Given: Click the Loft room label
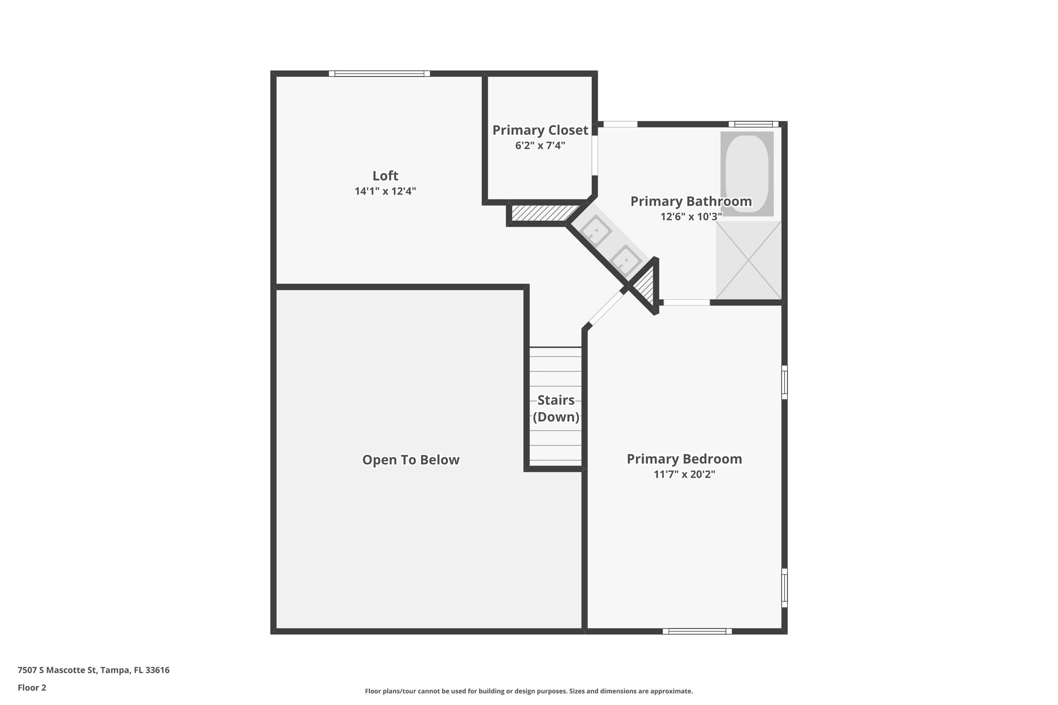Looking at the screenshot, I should point(385,176).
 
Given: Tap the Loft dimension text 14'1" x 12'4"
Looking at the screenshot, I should point(385,191).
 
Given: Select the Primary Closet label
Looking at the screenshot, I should point(540,130).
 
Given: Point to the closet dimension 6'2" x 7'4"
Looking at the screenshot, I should point(540,146).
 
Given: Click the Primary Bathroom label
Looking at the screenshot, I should point(691,201).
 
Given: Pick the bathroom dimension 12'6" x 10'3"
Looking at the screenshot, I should point(691,216).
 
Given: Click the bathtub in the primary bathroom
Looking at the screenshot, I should point(747,173).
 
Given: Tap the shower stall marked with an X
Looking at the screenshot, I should point(748,260).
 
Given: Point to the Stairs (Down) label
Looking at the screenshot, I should point(556,408).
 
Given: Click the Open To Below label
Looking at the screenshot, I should point(411,460).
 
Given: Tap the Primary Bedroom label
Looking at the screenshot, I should point(684,459).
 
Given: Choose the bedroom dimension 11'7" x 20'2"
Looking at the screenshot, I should point(684,474).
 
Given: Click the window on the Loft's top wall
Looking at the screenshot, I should point(379,74).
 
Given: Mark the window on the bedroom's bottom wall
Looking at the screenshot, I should point(697,631).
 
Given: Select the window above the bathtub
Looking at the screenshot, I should point(753,124).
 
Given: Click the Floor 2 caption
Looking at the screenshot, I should point(32,687).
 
